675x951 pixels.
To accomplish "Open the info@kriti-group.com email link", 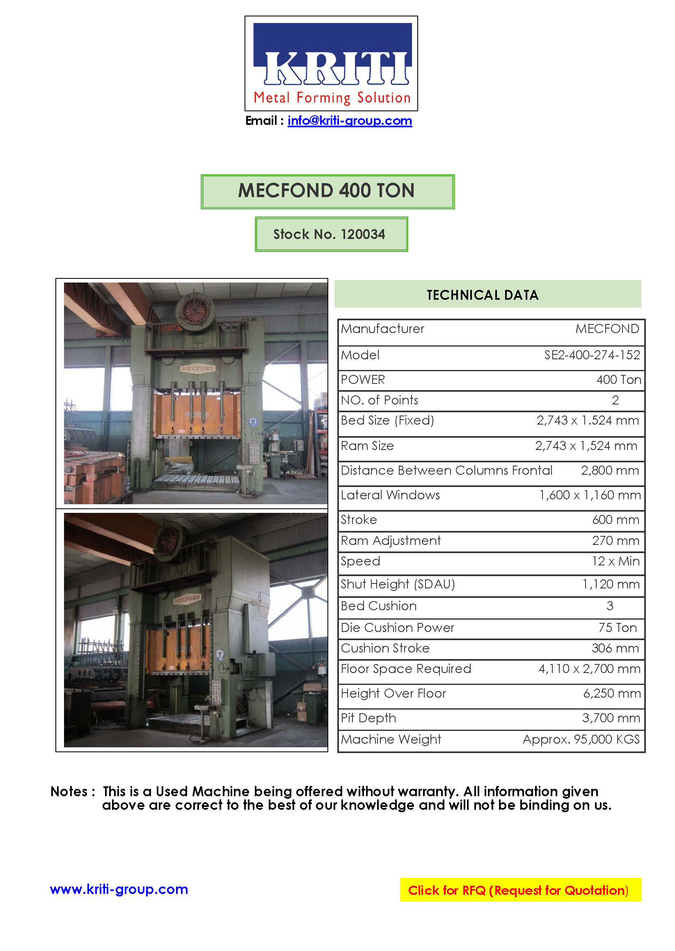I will (350, 121).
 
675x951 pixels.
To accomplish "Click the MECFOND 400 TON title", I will (327, 191).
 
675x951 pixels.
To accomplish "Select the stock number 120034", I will (362, 234).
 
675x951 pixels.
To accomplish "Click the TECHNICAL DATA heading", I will (482, 295).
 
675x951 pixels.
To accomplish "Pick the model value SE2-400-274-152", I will (592, 355).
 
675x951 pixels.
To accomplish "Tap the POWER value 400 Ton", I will (618, 380).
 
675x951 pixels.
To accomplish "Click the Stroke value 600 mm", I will (615, 520).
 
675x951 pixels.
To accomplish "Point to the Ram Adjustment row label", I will (390, 540).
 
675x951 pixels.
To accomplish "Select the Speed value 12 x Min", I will (615, 561).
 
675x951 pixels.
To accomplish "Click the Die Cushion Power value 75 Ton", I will (617, 627).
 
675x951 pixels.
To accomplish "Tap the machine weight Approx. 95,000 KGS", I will (581, 740).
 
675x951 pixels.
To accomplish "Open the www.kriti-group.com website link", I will (119, 889).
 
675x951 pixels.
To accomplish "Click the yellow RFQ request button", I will (520, 890).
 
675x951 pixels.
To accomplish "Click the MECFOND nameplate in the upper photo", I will (197, 368).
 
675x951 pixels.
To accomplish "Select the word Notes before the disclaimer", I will (69, 792).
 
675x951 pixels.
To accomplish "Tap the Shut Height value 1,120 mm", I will (611, 584).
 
